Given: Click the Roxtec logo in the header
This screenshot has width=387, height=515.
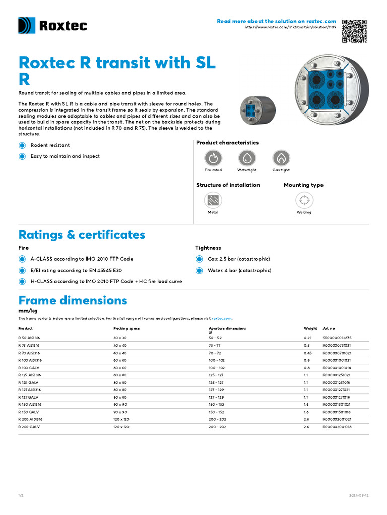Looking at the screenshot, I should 52,26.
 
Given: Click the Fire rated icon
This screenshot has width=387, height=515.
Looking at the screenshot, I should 213,158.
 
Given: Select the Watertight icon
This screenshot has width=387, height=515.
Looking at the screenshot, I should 247,158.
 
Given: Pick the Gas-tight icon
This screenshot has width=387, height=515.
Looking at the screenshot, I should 281,158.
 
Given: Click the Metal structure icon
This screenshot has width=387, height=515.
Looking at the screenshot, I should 213,200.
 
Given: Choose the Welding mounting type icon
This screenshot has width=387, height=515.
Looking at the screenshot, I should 304,200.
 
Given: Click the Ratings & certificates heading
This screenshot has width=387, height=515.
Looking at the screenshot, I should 82,235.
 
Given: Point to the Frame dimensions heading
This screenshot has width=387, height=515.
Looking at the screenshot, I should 73,301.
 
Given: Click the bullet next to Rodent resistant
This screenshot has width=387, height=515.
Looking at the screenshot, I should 22,145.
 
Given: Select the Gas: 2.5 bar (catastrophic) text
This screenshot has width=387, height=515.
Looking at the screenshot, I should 238,259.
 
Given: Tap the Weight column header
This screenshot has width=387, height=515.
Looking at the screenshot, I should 310,328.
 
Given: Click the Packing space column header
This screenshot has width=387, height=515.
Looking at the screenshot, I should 126,328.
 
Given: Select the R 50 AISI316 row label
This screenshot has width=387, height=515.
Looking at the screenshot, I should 29,338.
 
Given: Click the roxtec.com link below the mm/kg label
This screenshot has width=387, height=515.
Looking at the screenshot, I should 222,318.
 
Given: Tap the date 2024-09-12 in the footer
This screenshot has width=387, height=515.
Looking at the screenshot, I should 359,495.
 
